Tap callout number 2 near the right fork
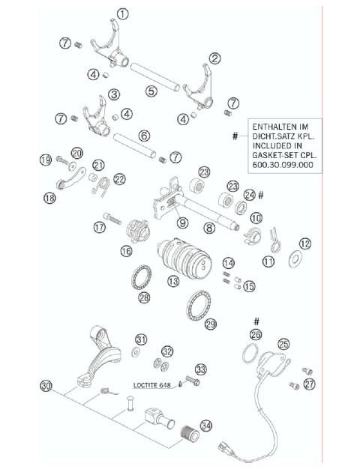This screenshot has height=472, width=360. pyautogui.click(x=214, y=58)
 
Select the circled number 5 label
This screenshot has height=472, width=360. pyautogui.click(x=151, y=91)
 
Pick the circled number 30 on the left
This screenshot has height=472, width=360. pyautogui.click(x=46, y=386)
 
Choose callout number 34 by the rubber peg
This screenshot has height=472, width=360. pyautogui.click(x=206, y=425)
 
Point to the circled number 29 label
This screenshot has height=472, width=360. pyautogui.click(x=211, y=324)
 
